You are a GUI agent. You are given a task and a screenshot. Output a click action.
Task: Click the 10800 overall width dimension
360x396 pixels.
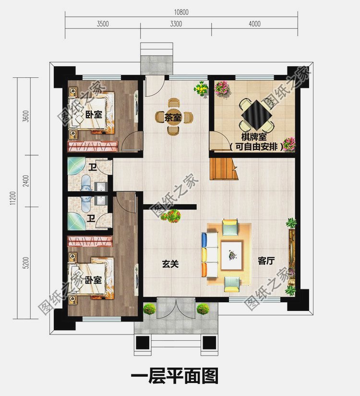click(181, 12)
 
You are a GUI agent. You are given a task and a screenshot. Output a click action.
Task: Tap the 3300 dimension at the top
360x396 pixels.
click(176, 24)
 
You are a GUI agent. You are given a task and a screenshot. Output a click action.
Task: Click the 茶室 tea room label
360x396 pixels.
click(173, 117)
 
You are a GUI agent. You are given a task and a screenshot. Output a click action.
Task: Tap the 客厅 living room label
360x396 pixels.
click(266, 261)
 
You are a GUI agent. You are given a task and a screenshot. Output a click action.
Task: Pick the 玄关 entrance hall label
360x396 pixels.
click(170, 264)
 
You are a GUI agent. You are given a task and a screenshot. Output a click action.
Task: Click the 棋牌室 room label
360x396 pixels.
click(254, 137)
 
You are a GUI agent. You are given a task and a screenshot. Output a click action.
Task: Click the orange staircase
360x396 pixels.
click(224, 169)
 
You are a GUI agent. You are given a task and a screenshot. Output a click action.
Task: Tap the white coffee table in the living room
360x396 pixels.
click(232, 255)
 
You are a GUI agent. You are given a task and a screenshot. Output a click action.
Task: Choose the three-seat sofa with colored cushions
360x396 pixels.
click(210, 255)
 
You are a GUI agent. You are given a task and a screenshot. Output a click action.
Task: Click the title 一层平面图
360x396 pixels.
click(175, 376)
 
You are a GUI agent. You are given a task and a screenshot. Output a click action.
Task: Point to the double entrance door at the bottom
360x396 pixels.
click(176, 308)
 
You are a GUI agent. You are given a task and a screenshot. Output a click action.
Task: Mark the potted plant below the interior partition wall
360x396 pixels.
click(171, 216)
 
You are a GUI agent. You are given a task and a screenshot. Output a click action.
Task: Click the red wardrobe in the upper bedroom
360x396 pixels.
click(93, 147)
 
